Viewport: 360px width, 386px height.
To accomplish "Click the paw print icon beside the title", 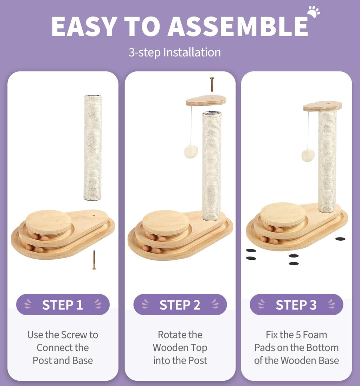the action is click(314, 12).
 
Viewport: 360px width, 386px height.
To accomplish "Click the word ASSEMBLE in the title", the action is click(238, 26).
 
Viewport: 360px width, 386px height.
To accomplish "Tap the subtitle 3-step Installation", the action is click(175, 52).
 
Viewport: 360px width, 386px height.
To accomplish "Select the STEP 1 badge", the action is click(63, 304).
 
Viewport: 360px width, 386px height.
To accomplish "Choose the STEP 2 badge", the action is click(180, 304).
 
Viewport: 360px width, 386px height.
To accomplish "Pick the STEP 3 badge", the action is click(296, 304).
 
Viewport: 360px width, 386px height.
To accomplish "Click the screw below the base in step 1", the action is click(94, 260).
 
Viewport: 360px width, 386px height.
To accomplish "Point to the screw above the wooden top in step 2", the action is click(212, 84).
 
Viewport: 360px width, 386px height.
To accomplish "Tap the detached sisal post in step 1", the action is click(93, 147).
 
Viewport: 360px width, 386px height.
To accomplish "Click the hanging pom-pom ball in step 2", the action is click(191, 151).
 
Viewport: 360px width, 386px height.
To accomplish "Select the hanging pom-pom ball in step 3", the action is click(308, 155).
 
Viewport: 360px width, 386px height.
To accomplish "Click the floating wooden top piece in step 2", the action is click(206, 100).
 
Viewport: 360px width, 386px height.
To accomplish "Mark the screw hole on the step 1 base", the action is click(94, 216).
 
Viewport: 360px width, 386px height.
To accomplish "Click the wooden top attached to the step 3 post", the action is click(322, 106).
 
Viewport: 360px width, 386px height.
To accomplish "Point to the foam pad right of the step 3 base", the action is click(340, 239).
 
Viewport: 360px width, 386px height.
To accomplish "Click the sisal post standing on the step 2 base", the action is click(212, 166).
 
